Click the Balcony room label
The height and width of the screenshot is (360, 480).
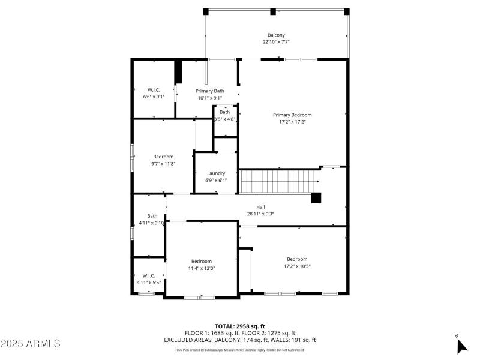point(276,34)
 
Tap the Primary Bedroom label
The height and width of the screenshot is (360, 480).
point(292,115)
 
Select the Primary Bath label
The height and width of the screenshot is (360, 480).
point(209,91)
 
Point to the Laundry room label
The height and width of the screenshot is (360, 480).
point(216,173)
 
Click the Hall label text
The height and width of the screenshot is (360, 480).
point(260,206)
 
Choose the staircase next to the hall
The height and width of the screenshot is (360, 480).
point(279,181)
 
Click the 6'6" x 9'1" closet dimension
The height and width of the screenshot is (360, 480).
point(154,97)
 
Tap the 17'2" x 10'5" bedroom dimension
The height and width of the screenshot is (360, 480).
point(297,266)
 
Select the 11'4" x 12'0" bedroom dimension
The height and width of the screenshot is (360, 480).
point(202,268)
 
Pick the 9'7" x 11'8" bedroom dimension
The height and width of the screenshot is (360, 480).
point(163,164)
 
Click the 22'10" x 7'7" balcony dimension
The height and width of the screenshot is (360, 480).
point(276,42)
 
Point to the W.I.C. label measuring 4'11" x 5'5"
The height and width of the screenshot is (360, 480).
point(149,275)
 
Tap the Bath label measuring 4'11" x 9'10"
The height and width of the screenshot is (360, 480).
point(152,216)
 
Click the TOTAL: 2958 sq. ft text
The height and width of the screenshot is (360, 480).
point(239,326)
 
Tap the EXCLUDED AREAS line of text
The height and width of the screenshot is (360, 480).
point(239,340)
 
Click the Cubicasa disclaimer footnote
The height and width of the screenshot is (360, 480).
point(239,350)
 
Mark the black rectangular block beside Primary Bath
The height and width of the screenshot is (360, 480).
point(178,72)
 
